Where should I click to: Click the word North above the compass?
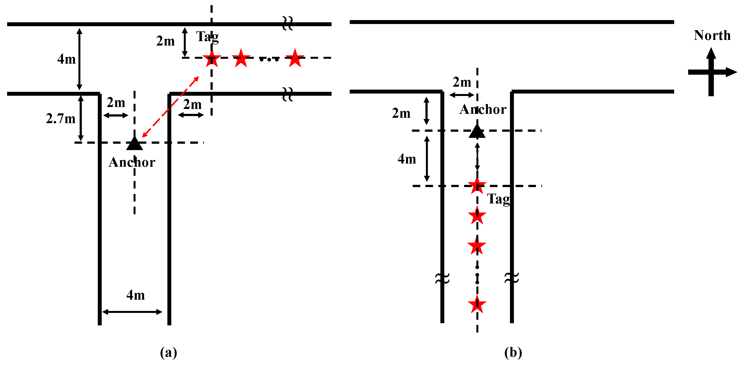click(712, 36)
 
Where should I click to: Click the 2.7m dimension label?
click(61, 119)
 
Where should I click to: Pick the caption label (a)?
click(168, 352)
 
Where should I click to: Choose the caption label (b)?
click(513, 352)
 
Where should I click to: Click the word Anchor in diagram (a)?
click(132, 162)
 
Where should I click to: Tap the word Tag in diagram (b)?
click(498, 199)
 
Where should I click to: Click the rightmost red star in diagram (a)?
click(295, 59)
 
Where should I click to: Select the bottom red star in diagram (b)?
click(477, 304)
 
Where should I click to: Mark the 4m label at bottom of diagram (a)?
click(136, 295)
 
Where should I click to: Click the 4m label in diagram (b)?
click(407, 159)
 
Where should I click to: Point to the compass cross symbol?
click(711, 72)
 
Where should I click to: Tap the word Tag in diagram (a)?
click(207, 37)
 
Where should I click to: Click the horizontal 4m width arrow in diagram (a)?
click(132, 312)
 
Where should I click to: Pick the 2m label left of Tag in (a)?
click(165, 41)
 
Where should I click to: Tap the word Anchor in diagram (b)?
click(483, 110)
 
